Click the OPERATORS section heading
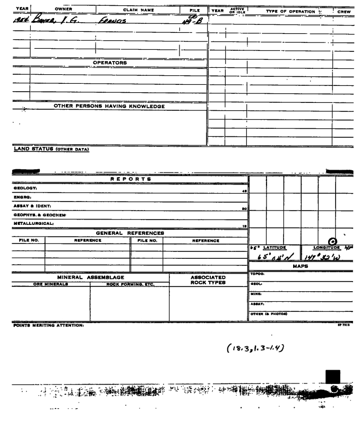point(110,63)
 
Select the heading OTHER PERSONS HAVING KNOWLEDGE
point(109,106)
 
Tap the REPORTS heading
point(121,179)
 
